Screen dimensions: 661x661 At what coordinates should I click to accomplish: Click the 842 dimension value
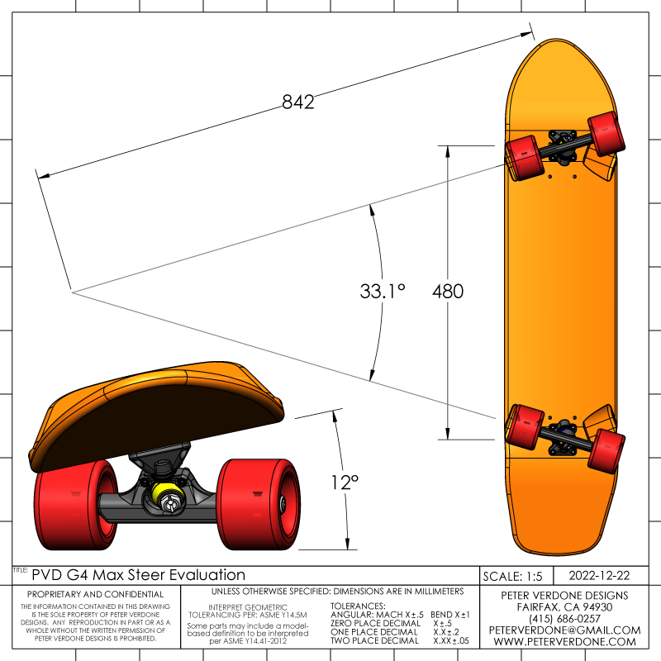pos(298,102)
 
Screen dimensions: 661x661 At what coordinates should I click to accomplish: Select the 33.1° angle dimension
pos(383,292)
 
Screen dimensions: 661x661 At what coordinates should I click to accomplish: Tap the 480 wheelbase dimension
pos(447,292)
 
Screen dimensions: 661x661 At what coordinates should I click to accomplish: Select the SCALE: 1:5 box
pos(514,575)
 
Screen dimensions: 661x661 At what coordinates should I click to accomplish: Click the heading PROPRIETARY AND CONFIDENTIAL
pos(96,594)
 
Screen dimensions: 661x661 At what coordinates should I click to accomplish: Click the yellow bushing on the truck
pos(166,497)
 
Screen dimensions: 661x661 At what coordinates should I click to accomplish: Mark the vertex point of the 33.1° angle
pos(72,292)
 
